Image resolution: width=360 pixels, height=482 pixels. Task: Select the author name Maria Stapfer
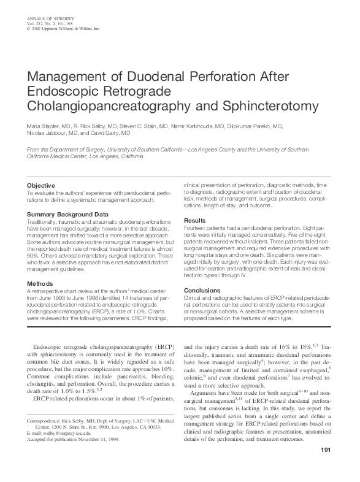click(42, 126)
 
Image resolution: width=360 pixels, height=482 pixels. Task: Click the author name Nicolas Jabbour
click(43, 132)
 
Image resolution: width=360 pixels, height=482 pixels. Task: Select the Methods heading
click(40, 283)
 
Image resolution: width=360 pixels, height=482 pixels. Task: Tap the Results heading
click(195, 220)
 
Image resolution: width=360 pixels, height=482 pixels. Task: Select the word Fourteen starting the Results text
click(194, 228)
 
